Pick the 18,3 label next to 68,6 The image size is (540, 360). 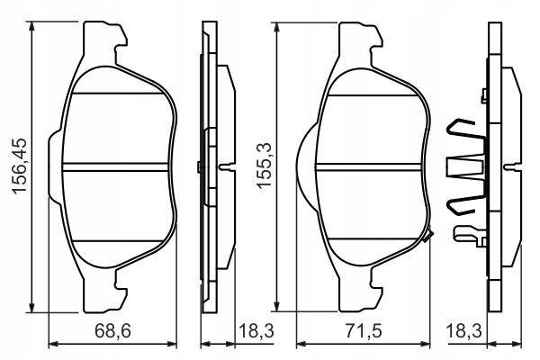[254, 332]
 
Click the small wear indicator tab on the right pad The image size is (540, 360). [428, 237]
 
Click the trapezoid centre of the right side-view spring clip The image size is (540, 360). [464, 166]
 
